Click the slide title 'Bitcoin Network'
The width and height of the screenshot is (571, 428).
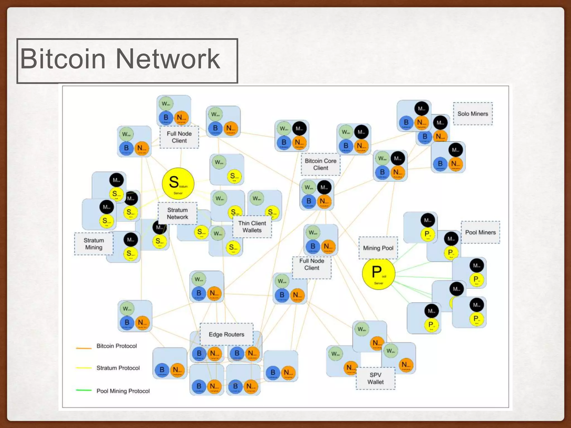coord(120,59)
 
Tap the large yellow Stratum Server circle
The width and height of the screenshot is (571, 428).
coord(178,183)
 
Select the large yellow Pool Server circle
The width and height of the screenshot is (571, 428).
coord(378,274)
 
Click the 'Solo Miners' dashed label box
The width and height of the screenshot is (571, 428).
coord(473,114)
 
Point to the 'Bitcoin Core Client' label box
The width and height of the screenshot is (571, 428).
coord(321,164)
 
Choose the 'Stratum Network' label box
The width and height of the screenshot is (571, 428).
coord(178,213)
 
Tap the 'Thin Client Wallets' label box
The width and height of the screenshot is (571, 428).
coord(252,227)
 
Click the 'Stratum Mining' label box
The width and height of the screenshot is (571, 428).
coord(94,244)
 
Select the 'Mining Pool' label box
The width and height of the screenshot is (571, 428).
coord(378,248)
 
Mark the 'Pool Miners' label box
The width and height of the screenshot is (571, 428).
coord(480,232)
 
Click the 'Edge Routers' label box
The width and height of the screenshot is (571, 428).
coord(226,334)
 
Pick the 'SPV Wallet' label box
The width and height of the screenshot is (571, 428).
coord(376,378)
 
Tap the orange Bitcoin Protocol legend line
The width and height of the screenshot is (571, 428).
coord(84,348)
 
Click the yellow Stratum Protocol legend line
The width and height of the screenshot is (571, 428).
coord(84,368)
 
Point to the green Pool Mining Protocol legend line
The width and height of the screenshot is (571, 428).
coord(84,390)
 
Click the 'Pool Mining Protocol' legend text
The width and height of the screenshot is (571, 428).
coord(123,391)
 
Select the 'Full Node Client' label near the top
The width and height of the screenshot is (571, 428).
coord(179,137)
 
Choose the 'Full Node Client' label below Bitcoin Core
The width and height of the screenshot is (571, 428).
coord(312,264)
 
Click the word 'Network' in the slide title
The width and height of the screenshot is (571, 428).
coord(168,59)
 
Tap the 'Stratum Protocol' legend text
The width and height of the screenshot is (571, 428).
coord(118,368)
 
